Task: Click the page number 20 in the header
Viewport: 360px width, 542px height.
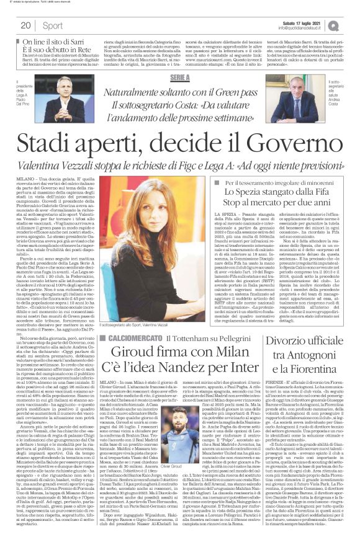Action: (x=25, y=25)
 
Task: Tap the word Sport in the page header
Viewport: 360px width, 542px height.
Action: (x=53, y=25)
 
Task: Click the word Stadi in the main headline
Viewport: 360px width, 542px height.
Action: (x=47, y=146)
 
